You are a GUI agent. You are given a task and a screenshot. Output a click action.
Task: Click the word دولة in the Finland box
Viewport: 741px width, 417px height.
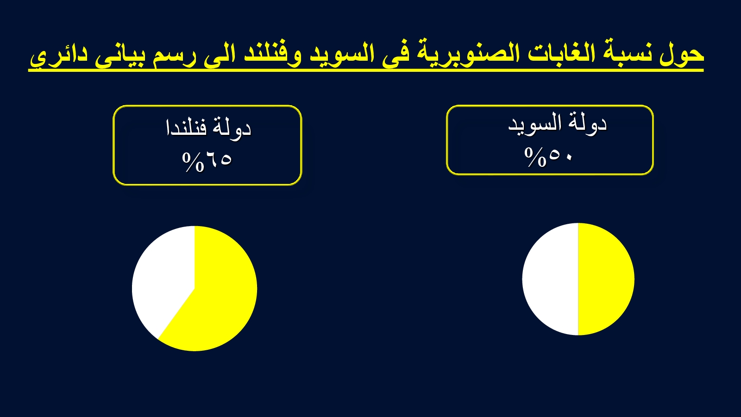[x=232, y=128]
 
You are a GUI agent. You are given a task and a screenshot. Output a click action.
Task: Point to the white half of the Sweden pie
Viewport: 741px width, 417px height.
[x=551, y=279]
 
